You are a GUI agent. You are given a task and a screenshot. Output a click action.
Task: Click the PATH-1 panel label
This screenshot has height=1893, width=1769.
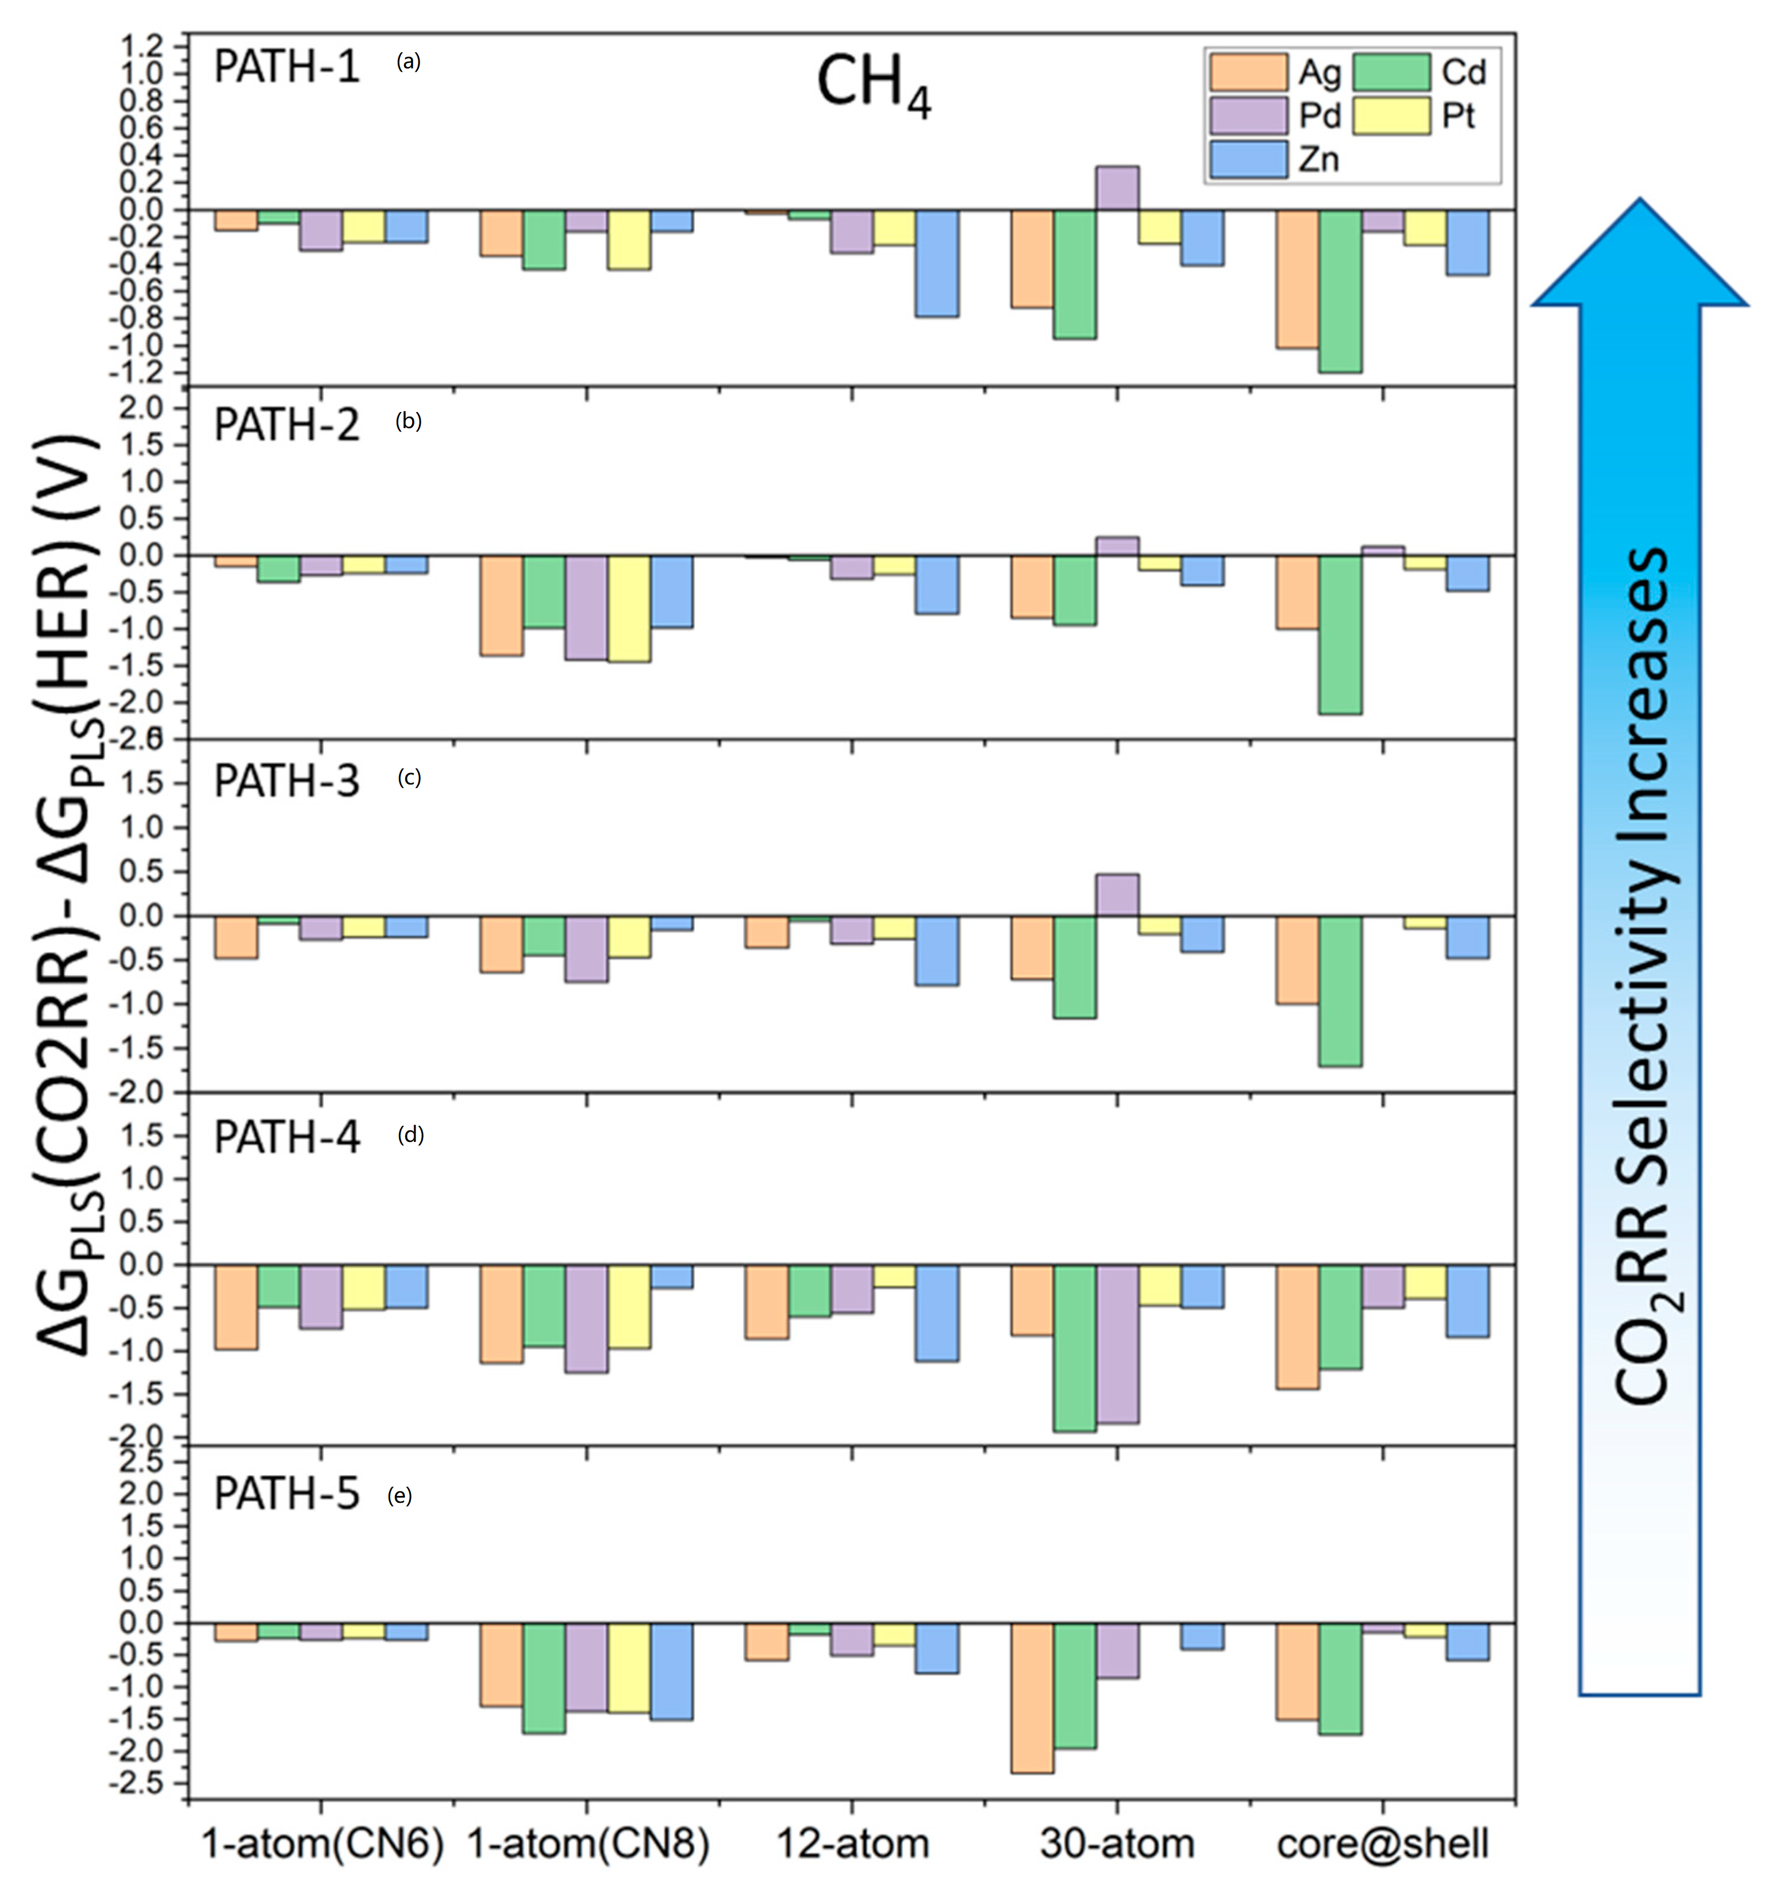pyautogui.click(x=287, y=68)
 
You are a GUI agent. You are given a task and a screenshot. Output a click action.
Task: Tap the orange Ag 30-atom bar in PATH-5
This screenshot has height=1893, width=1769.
pyautogui.click(x=1032, y=1697)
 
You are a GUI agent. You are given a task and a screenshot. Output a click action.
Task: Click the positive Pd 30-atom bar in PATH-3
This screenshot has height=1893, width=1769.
pyautogui.click(x=1117, y=895)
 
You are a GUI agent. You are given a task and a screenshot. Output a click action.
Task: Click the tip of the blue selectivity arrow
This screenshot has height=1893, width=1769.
pyautogui.click(x=1640, y=202)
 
